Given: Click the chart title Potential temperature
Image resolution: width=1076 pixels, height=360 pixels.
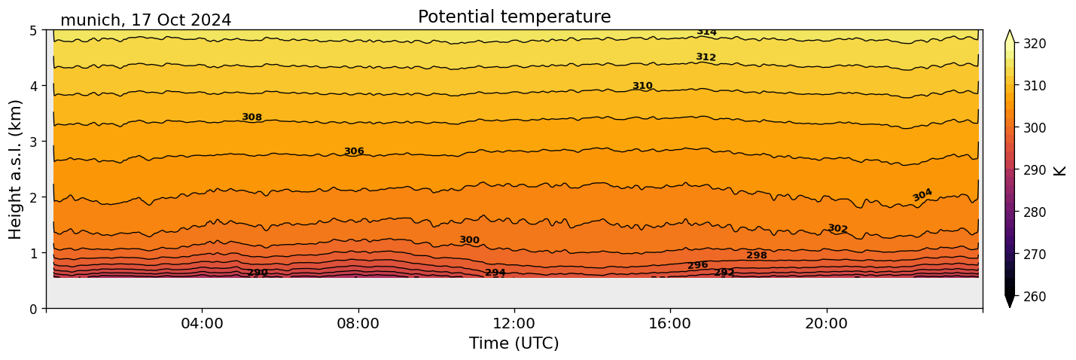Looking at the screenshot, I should point(514,17).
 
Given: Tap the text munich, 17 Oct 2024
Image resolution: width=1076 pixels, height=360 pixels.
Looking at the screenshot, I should point(145,20).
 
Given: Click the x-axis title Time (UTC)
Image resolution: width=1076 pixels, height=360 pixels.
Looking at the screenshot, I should point(514,343).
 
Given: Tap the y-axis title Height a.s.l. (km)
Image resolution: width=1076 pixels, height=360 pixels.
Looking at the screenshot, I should point(16,169).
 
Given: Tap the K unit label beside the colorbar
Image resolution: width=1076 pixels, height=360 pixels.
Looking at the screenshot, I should point(1060,170).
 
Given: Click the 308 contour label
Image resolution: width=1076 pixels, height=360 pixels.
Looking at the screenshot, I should point(251,117).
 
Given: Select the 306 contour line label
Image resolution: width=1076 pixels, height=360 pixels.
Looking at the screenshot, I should point(354,151).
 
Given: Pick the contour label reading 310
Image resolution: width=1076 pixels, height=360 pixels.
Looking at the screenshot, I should point(642,86).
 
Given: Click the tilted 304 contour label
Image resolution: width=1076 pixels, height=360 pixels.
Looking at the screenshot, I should point(922,195).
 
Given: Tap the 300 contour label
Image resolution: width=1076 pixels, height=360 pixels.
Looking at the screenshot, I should point(469,240).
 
